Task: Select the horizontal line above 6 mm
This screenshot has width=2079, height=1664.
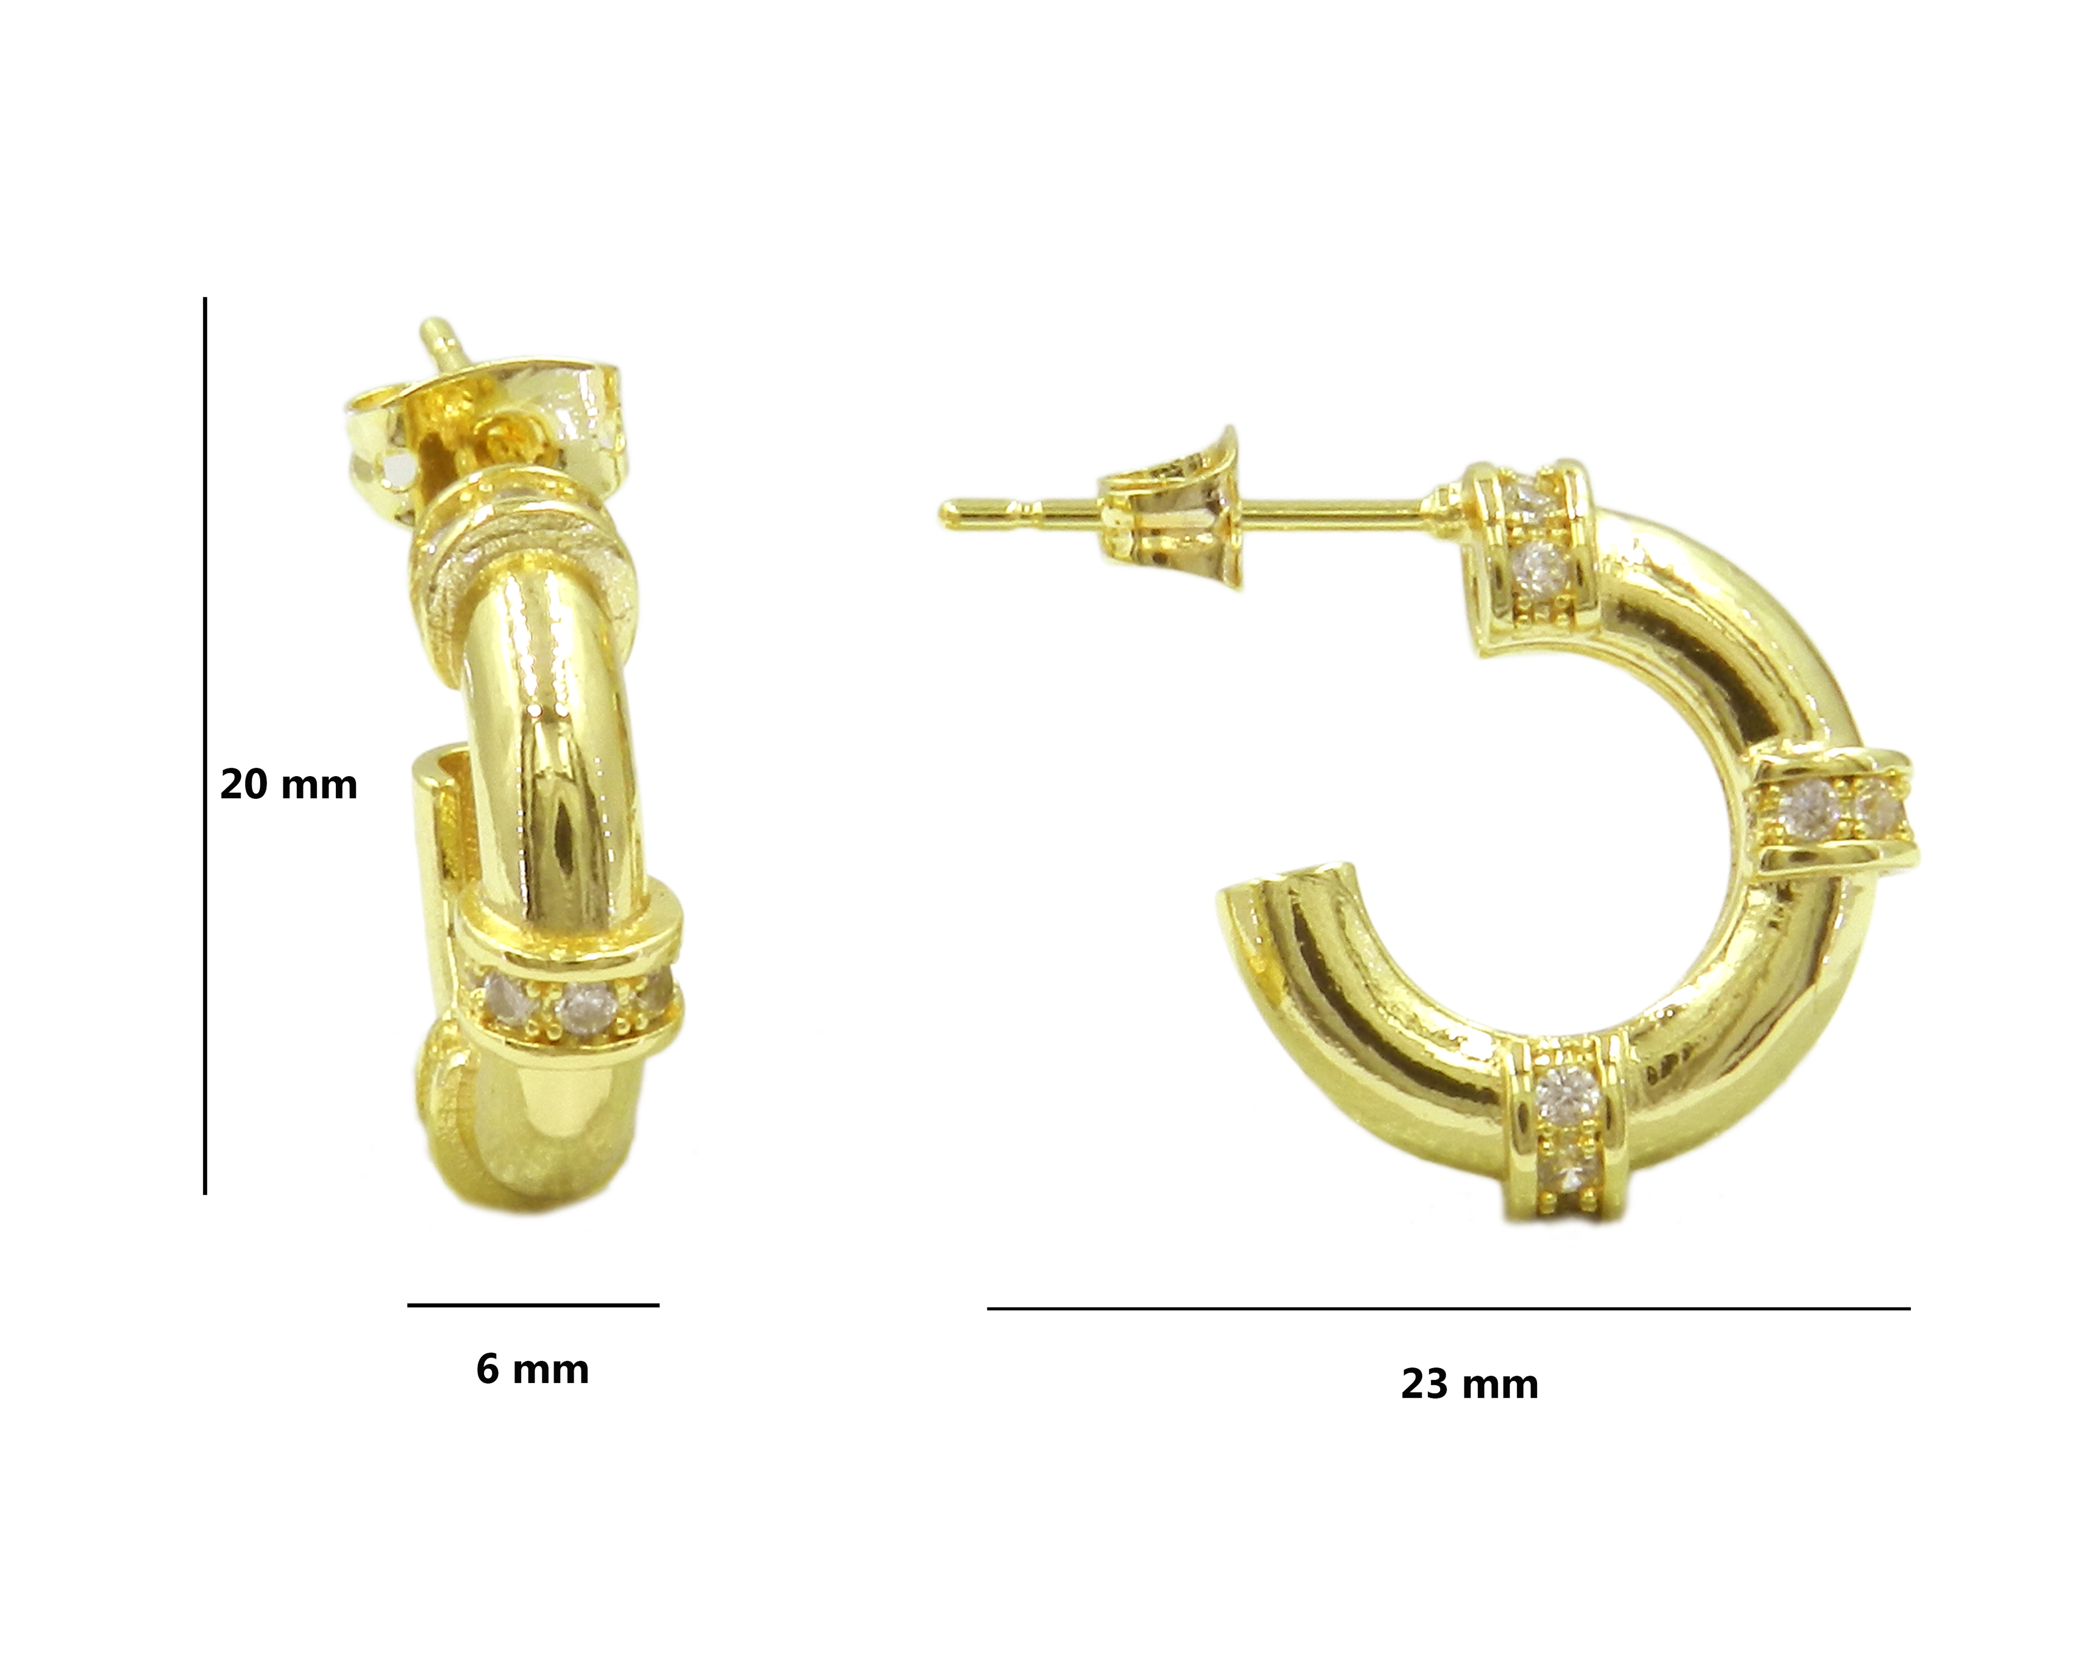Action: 533,1305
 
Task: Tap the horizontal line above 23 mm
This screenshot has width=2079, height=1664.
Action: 1448,1309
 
